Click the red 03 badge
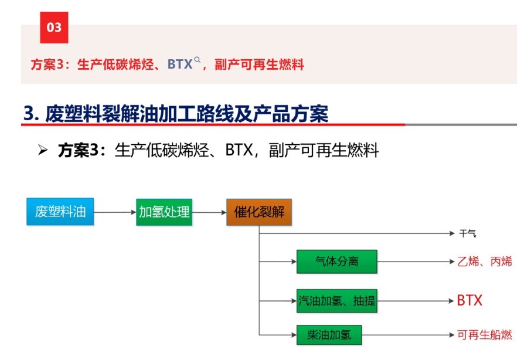(54, 28)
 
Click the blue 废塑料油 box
(60, 212)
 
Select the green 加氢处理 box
(164, 212)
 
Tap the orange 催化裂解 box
(259, 212)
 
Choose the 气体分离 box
(337, 261)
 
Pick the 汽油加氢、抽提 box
(337, 301)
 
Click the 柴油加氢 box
(329, 335)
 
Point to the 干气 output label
(468, 233)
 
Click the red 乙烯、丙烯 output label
(485, 261)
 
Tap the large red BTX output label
(469, 300)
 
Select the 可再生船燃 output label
(485, 335)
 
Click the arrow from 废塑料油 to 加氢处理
(115, 212)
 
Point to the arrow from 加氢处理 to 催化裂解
(209, 212)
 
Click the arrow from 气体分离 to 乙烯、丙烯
(416, 261)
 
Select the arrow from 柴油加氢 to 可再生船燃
(408, 335)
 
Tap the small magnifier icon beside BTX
(197, 60)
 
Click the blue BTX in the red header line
(180, 64)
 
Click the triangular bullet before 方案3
(43, 150)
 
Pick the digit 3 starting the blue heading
(29, 113)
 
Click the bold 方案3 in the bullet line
(79, 150)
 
